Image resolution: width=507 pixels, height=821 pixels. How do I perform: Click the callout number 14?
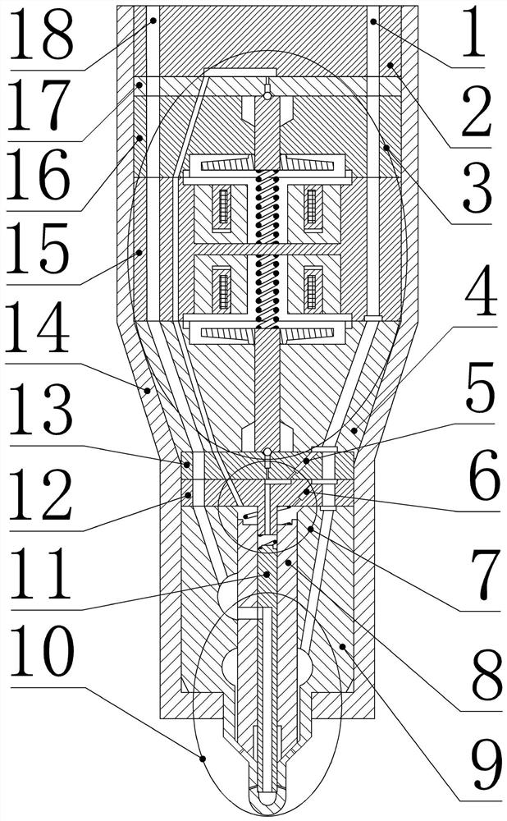point(38,329)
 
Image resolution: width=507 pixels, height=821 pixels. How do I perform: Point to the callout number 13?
point(38,411)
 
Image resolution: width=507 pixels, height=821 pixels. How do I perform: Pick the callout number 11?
point(38,576)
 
